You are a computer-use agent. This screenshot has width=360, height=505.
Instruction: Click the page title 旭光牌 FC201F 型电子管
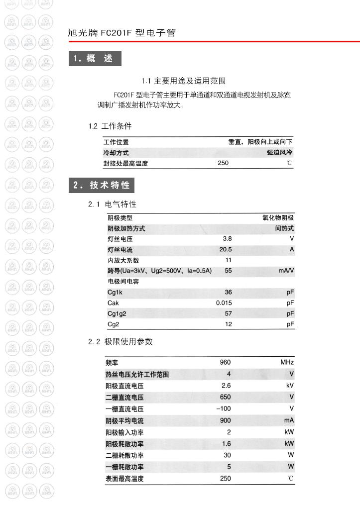(x=121, y=33)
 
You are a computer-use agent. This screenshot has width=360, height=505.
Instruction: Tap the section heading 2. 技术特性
(x=102, y=186)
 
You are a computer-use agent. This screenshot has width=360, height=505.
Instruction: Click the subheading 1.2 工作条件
(x=110, y=126)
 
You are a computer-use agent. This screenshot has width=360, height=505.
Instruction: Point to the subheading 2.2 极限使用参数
(x=120, y=342)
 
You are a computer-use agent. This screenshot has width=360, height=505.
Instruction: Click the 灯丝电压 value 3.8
(x=227, y=239)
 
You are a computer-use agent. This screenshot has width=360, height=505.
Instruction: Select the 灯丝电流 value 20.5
(x=226, y=250)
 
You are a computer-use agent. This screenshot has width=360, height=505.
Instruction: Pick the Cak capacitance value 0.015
(x=224, y=303)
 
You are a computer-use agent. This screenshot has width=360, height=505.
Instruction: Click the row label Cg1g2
(x=117, y=314)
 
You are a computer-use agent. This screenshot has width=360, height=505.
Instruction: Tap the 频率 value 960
(x=225, y=362)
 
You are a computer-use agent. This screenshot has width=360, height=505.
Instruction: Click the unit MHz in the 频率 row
(x=287, y=362)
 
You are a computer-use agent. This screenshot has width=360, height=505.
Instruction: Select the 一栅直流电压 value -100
(x=224, y=409)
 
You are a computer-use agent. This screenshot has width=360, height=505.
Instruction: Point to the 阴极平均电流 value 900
(x=225, y=420)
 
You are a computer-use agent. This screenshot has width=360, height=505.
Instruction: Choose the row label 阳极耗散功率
(x=124, y=444)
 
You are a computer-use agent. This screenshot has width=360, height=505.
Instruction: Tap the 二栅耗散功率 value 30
(x=227, y=455)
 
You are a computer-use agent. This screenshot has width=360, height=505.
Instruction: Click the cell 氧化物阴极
(x=278, y=218)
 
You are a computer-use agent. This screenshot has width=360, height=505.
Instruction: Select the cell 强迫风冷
(x=279, y=153)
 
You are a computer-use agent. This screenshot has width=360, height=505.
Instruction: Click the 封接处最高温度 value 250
(x=223, y=163)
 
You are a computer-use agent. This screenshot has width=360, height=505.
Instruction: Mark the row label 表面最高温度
(x=124, y=479)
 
